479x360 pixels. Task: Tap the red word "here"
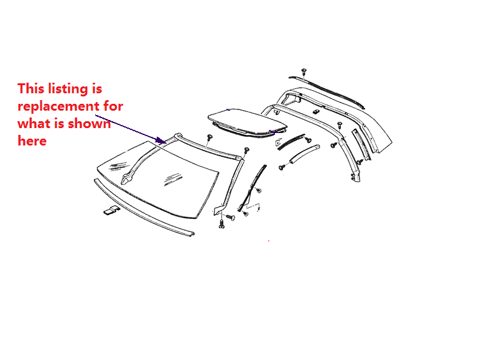[x=32, y=141]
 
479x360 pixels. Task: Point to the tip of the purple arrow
[x=165, y=142]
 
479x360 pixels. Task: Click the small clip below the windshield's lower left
[x=111, y=211]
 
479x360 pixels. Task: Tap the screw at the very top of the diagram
[x=303, y=71]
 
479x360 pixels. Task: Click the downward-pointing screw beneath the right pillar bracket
[x=221, y=224]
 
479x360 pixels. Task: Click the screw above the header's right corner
[x=247, y=150]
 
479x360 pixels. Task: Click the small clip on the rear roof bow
[x=315, y=112]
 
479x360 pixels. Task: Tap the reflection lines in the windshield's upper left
[x=116, y=165]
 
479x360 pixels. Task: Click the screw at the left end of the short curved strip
[x=284, y=167]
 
